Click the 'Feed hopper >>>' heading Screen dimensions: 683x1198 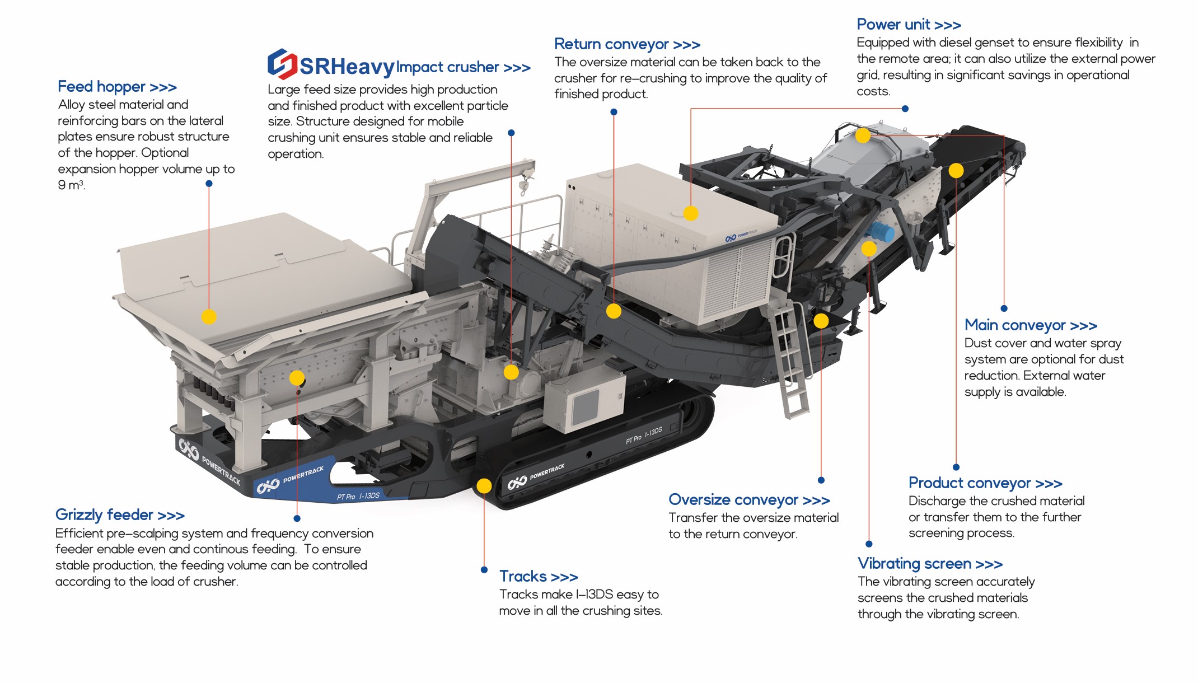[117, 87]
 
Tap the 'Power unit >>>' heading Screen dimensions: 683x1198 [909, 25]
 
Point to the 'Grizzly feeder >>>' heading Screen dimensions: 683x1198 [120, 515]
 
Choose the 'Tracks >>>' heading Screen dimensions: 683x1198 [538, 577]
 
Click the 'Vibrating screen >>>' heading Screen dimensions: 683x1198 [930, 564]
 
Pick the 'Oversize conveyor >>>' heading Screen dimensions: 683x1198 [749, 500]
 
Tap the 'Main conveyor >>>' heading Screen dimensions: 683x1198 [1031, 325]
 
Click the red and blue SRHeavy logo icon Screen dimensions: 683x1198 [282, 64]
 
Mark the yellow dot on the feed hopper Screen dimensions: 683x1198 [209, 317]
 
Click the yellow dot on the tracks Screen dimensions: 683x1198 [484, 486]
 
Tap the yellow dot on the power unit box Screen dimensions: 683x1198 [691, 213]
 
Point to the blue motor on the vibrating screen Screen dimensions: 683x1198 [880, 231]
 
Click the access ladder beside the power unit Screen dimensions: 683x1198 [790, 358]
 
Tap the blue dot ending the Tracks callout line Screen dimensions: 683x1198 [484, 570]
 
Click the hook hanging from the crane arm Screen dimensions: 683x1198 [524, 185]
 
